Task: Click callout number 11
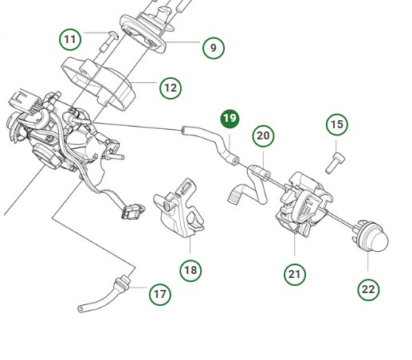(x=72, y=38)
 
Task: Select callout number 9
(x=213, y=48)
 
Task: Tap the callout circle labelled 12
(x=170, y=87)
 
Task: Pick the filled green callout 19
(x=230, y=119)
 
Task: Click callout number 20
(x=263, y=136)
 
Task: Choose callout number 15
(x=337, y=125)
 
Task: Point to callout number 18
(x=190, y=270)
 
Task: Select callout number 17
(x=160, y=294)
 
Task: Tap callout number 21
(x=295, y=274)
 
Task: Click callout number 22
(x=367, y=289)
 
